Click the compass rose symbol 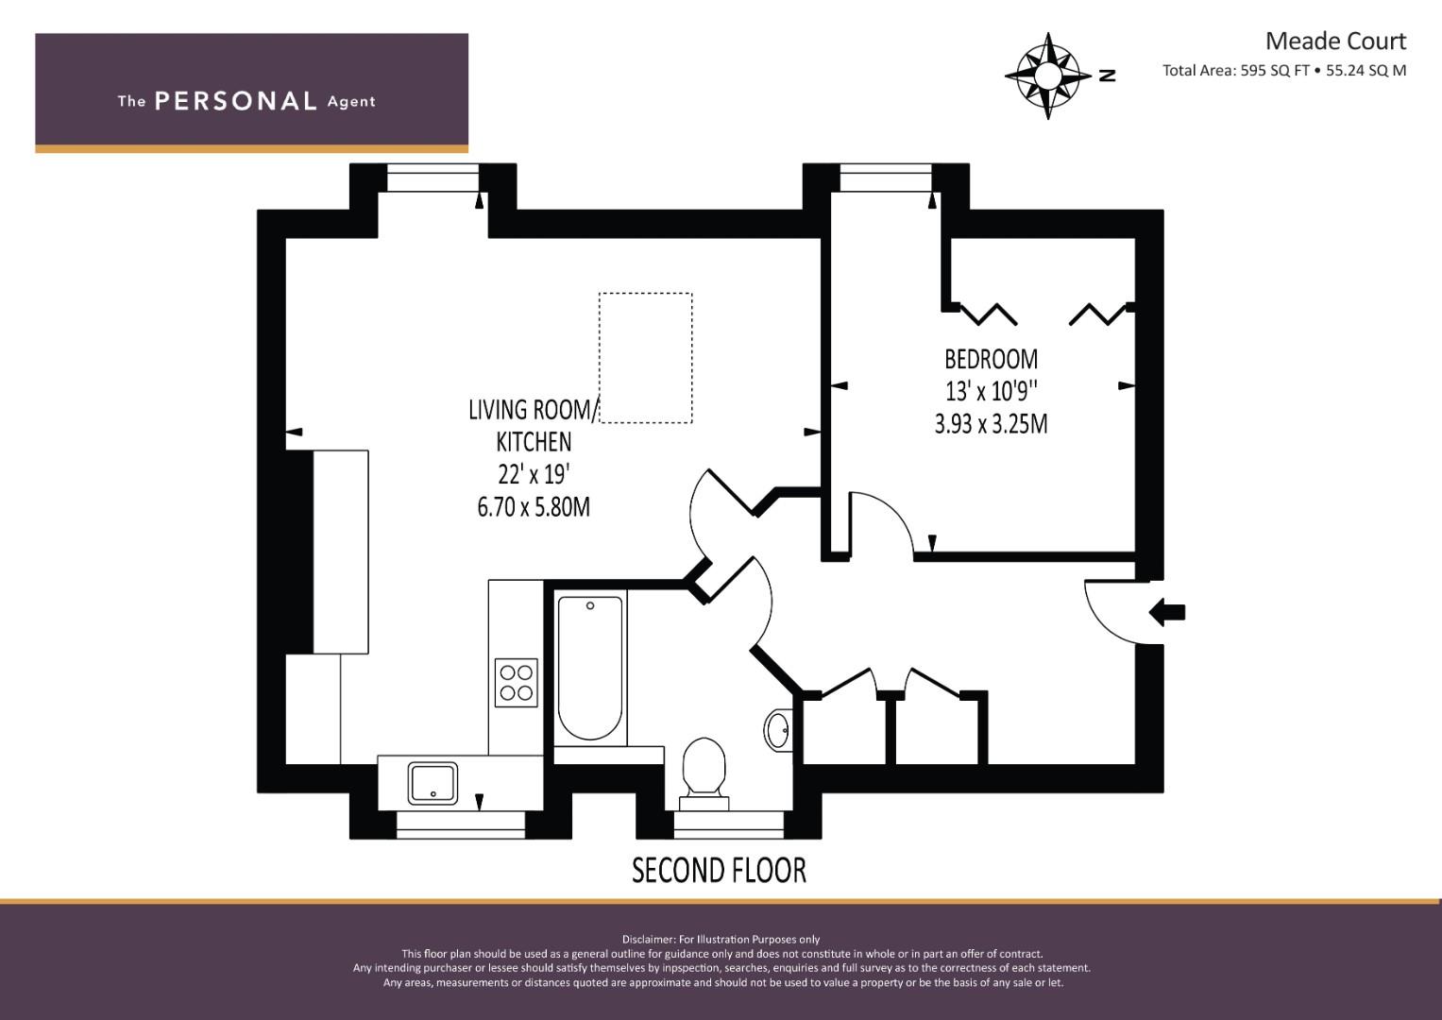1047,76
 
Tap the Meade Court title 1335,42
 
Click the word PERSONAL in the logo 236,101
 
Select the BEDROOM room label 991,359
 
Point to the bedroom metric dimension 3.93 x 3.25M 991,424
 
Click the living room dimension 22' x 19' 534,474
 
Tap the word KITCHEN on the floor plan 534,442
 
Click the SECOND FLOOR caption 719,871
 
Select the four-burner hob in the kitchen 516,683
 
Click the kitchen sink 433,784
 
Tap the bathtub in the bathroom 589,668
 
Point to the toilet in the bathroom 704,773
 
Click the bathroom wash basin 777,730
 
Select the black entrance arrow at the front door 1167,612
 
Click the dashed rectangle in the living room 646,358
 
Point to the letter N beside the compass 1107,76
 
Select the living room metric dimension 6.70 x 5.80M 534,507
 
